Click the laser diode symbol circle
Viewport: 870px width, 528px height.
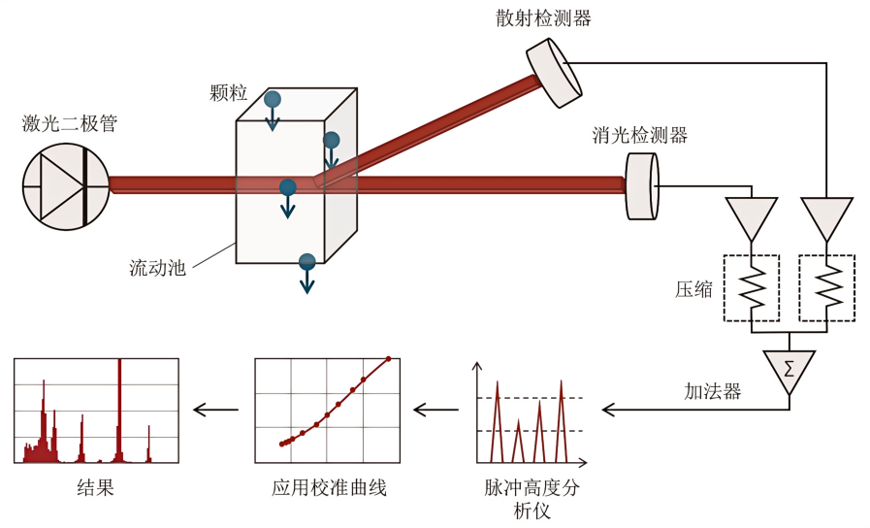coord(66,184)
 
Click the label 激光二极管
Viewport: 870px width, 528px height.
coord(70,123)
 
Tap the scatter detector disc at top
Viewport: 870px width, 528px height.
coord(554,73)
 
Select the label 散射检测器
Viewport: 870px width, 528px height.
coord(539,18)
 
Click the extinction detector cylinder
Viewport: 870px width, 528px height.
coord(641,184)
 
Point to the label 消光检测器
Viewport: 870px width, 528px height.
coord(640,136)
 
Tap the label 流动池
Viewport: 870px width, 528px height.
coord(157,267)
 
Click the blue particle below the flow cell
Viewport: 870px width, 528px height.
coord(307,261)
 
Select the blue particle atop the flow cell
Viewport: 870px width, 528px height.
coord(273,99)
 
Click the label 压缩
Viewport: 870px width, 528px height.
coord(694,289)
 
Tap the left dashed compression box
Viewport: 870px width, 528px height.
coord(752,288)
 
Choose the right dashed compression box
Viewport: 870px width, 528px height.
coord(825,288)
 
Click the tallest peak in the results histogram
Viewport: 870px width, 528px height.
coord(119,408)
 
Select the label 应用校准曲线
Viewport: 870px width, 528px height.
coord(330,488)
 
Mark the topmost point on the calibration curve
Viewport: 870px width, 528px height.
coord(389,359)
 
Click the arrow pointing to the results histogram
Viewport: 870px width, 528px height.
coord(215,410)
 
